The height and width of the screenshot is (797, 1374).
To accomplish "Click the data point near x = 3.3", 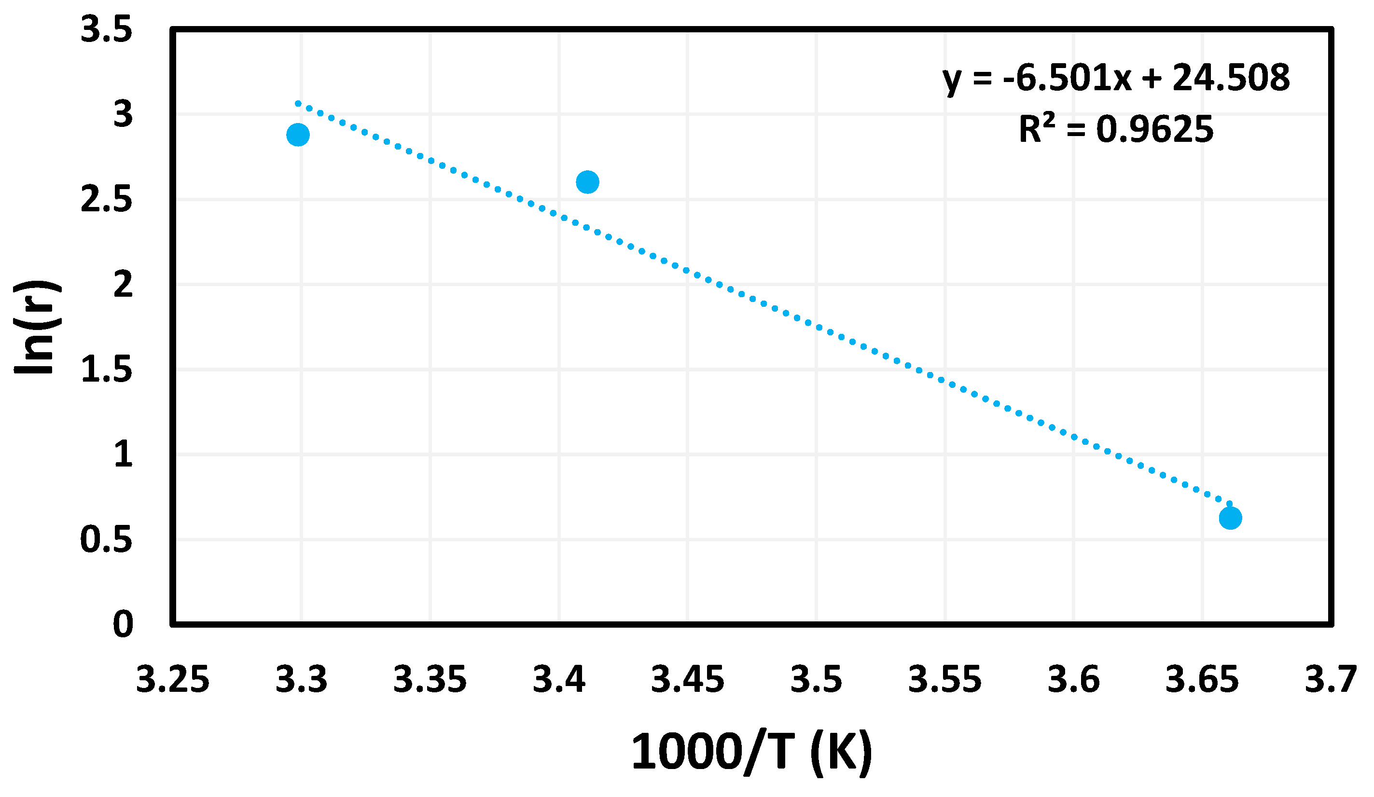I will (x=298, y=135).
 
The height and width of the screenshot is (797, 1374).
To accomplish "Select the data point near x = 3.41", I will (x=587, y=181).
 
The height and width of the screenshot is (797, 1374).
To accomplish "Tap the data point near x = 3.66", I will (x=1230, y=517).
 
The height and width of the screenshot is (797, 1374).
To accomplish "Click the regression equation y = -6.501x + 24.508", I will (x=1115, y=78).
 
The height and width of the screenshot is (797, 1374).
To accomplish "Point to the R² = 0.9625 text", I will (x=1115, y=130).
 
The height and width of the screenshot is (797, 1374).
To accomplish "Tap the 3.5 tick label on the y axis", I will (x=106, y=29).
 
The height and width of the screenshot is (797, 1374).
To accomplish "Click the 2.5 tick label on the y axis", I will (x=106, y=200).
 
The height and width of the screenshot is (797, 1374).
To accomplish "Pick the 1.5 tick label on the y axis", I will (x=106, y=370).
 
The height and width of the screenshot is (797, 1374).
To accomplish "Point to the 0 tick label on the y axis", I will (x=123, y=624).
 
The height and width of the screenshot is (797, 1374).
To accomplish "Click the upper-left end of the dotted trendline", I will (x=298, y=103).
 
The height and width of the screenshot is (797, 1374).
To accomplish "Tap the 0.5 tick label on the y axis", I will (x=106, y=540).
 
